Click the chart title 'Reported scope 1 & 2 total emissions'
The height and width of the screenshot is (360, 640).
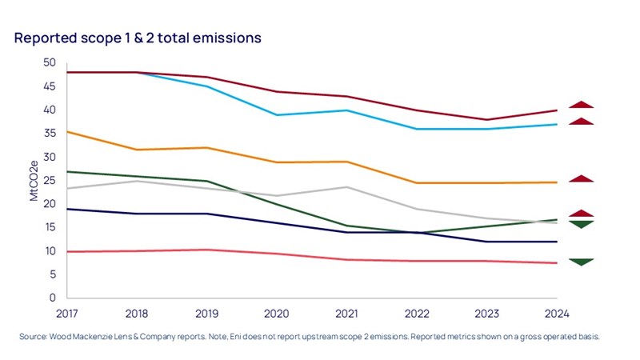click(x=138, y=38)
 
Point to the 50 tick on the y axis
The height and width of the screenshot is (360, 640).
click(x=50, y=62)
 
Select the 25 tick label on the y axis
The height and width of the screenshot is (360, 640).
click(x=50, y=180)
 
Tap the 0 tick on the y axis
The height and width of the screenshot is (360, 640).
click(x=53, y=298)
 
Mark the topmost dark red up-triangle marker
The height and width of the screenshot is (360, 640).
click(x=582, y=104)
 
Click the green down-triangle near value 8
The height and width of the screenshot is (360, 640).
click(x=582, y=262)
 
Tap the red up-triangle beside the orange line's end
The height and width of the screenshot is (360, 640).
click(x=582, y=178)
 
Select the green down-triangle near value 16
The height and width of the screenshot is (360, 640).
click(x=582, y=224)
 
